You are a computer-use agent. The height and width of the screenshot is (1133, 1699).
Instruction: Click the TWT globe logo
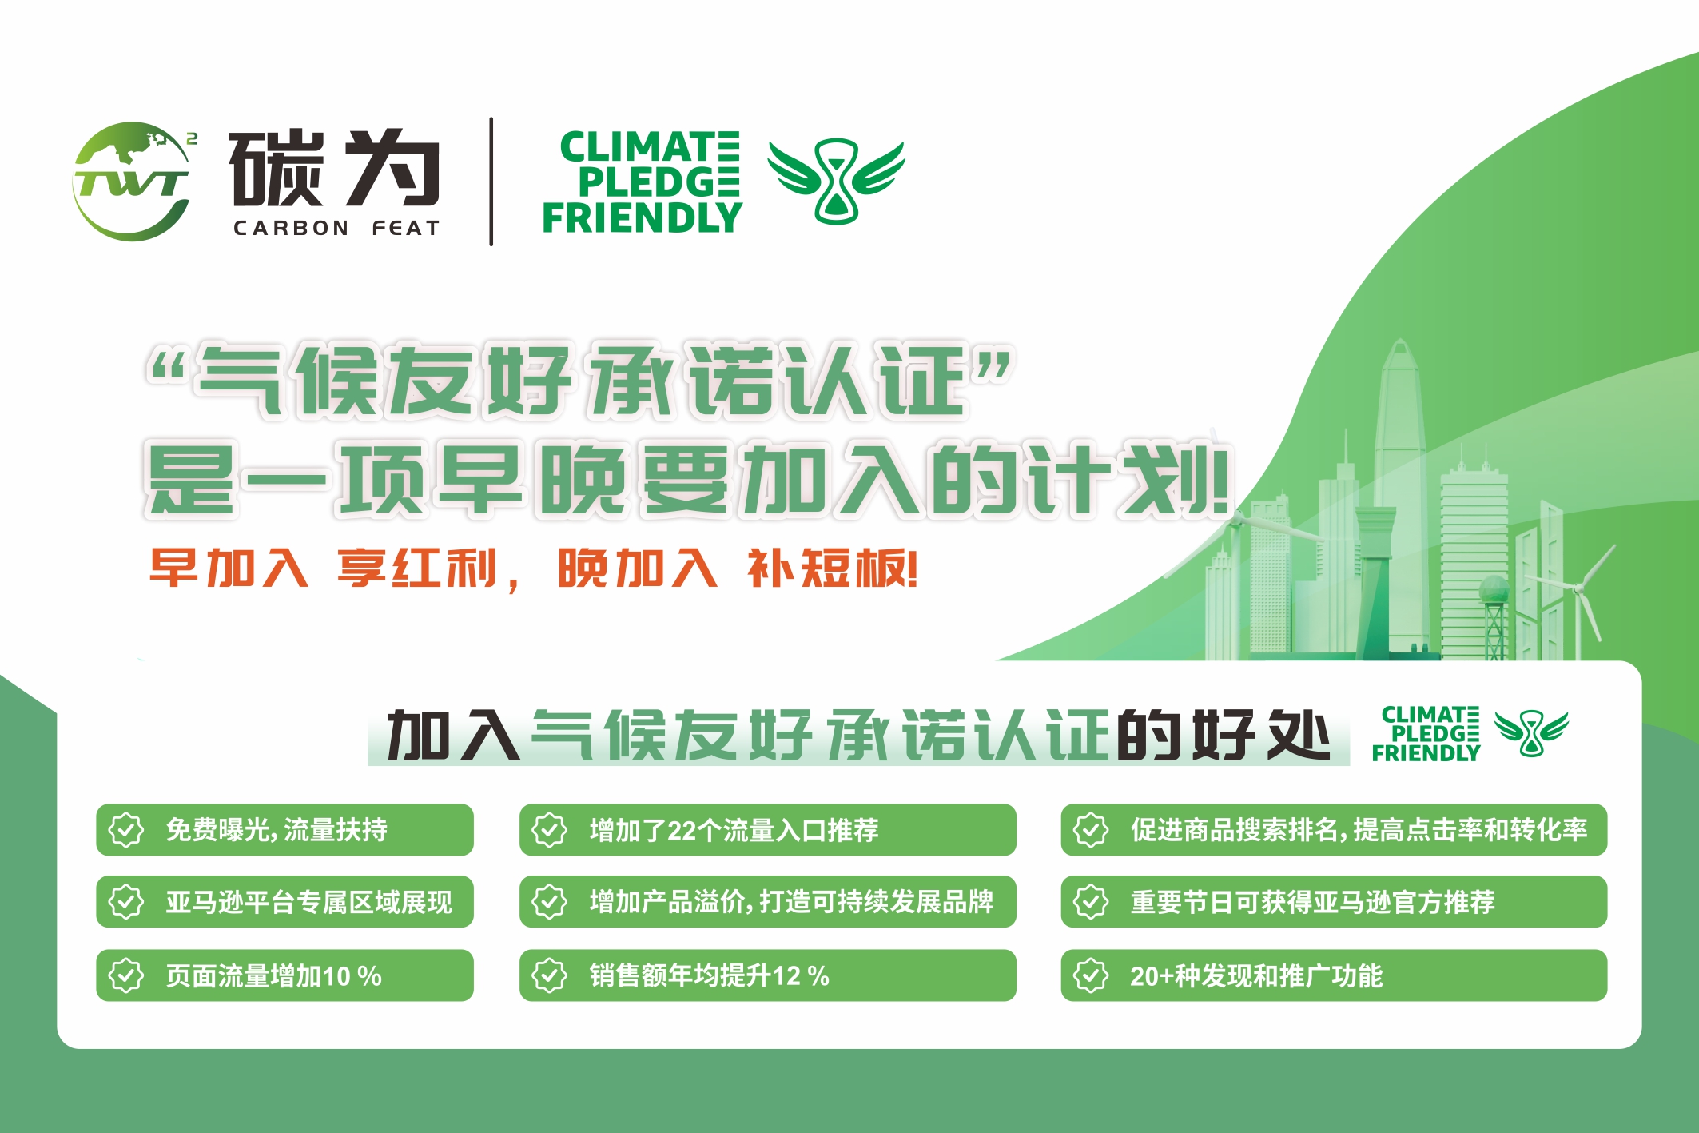(x=133, y=182)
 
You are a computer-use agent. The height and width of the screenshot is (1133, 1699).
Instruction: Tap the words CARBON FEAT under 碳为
(x=336, y=229)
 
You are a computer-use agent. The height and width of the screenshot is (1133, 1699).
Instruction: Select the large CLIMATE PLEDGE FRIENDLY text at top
(x=642, y=183)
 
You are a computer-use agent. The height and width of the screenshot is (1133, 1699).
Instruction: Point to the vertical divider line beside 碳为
(x=491, y=182)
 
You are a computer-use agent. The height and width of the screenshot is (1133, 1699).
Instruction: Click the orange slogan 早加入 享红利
(x=333, y=569)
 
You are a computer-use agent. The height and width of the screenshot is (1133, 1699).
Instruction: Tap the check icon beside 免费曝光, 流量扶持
(x=126, y=830)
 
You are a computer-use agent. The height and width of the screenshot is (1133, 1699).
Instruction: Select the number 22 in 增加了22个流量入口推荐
(x=682, y=831)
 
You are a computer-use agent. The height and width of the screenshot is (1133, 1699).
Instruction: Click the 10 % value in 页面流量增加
(x=352, y=976)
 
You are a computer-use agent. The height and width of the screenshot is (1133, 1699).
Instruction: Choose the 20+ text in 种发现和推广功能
(x=1151, y=976)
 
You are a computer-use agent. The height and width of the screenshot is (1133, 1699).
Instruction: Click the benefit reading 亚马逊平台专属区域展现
(x=308, y=903)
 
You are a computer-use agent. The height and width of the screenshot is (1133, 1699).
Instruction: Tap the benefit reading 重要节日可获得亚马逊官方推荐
(x=1312, y=903)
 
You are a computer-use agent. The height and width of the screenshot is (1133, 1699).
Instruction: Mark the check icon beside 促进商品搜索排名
(x=1091, y=830)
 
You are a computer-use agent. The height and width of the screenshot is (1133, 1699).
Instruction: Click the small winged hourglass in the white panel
(x=1531, y=732)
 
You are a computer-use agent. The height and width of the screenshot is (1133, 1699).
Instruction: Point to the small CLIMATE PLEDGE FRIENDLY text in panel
(x=1426, y=734)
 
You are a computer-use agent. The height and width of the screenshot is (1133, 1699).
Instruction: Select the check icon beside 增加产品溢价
(x=550, y=902)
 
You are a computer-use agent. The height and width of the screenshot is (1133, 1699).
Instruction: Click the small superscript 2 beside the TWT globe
(x=192, y=138)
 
